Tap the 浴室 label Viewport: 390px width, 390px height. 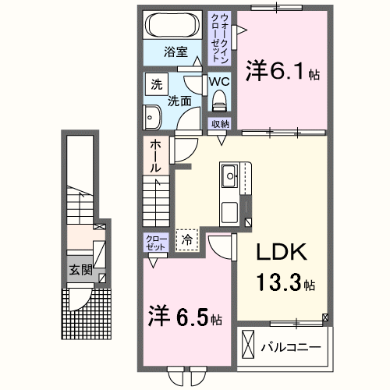(175, 52)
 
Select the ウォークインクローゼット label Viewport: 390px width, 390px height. (222, 37)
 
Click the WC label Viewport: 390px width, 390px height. (218, 81)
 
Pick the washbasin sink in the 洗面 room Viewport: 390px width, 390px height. (151, 118)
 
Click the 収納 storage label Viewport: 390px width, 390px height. (219, 124)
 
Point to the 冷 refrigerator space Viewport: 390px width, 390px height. (186, 241)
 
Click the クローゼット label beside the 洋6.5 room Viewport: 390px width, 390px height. (153, 242)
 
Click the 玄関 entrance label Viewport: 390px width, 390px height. (80, 271)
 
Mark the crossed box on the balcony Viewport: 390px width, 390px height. (249, 344)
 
